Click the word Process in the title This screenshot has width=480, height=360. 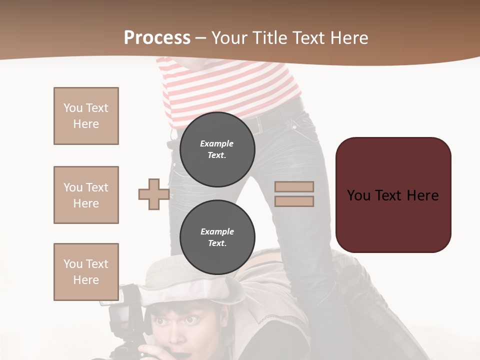(x=157, y=38)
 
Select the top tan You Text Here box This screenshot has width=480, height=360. (x=86, y=116)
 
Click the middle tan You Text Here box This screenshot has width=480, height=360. (x=86, y=195)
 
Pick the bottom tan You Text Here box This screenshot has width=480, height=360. (x=86, y=272)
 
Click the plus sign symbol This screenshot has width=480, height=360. (x=154, y=194)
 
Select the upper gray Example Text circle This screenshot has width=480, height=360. (x=217, y=149)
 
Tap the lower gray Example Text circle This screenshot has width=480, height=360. (x=217, y=237)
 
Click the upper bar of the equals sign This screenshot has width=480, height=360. (x=294, y=186)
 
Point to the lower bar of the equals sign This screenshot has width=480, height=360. (x=294, y=201)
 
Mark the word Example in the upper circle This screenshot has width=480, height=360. (x=217, y=143)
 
